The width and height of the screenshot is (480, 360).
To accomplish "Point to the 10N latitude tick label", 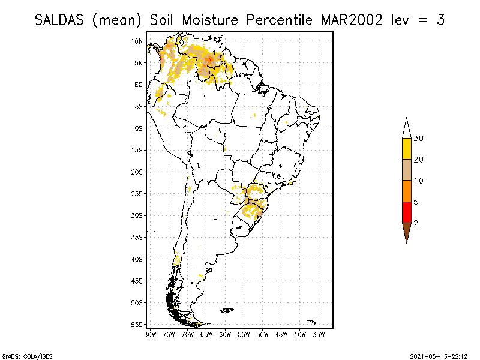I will (x=137, y=41).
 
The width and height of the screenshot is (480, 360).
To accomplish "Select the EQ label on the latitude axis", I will (x=138, y=85).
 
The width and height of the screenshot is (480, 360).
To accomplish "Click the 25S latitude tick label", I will (x=137, y=193).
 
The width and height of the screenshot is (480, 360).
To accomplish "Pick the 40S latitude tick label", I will (x=137, y=259).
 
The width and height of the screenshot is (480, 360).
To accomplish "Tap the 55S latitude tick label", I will (x=137, y=324).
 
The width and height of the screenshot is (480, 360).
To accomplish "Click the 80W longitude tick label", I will (x=150, y=334).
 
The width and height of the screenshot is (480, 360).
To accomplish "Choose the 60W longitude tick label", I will (x=225, y=334).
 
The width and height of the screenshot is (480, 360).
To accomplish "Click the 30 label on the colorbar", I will (x=419, y=139).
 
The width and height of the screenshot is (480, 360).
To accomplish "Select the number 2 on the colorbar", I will (x=416, y=223).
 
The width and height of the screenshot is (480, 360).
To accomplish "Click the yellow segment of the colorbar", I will (x=406, y=149).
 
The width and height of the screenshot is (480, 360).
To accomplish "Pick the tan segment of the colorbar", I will (x=406, y=170).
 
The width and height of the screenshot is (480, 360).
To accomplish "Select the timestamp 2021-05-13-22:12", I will (x=439, y=355).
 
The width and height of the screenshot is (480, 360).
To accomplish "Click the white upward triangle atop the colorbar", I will (x=406, y=128).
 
